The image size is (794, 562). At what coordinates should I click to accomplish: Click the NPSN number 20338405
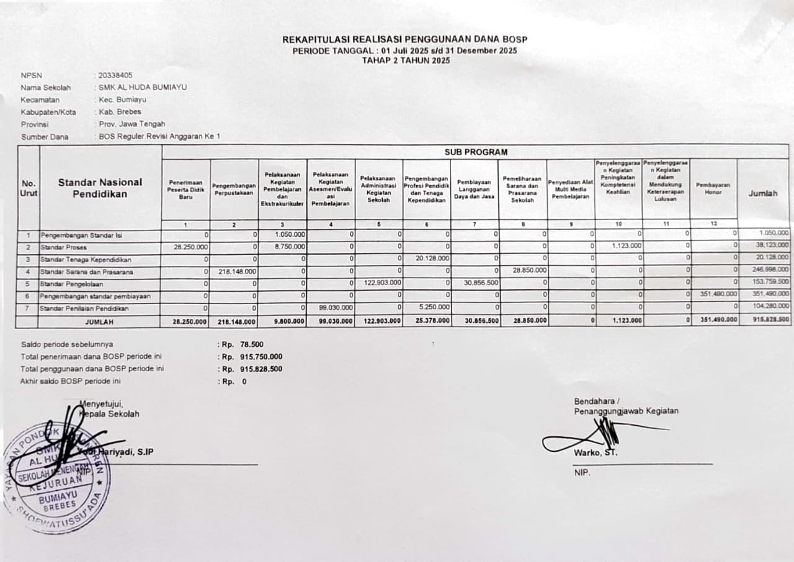(x=116, y=75)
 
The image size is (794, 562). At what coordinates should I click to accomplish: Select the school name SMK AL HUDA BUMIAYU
(x=143, y=87)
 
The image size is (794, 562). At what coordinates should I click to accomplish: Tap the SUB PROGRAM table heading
(x=475, y=152)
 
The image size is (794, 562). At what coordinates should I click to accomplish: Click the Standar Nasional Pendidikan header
(x=100, y=188)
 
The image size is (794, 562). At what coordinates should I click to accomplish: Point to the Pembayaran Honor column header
(x=713, y=188)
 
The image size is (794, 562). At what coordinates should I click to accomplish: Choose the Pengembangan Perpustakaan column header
(x=234, y=189)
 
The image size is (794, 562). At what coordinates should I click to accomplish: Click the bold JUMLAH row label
(x=100, y=322)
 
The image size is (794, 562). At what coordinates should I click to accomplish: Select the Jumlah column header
(x=762, y=193)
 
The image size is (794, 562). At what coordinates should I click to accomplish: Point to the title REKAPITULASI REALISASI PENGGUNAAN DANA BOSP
(x=404, y=40)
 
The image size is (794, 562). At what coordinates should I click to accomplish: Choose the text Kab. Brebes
(x=120, y=112)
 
